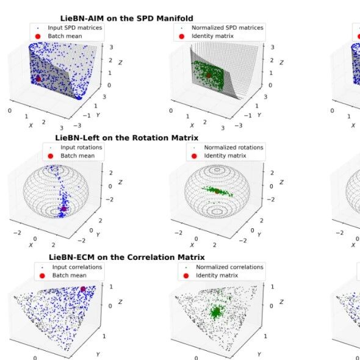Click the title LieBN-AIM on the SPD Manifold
[126, 18]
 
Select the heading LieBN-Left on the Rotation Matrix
[126, 138]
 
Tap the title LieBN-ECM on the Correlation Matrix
[126, 257]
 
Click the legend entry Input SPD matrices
[75, 28]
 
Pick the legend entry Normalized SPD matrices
[228, 28]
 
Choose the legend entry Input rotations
[81, 148]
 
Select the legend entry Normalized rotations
[234, 148]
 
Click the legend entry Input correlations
[77, 267]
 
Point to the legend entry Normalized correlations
[229, 267]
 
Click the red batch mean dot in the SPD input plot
[38, 79]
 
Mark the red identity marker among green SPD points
[209, 75]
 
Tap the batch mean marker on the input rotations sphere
[63, 209]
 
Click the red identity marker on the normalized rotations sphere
[217, 191]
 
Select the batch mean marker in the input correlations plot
[83, 289]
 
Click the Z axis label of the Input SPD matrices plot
[120, 62]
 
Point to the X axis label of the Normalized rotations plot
[192, 245]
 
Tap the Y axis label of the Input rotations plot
[98, 235]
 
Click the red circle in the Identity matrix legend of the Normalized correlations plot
[186, 276]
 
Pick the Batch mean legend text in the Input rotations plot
[77, 156]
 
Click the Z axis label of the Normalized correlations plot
[281, 302]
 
